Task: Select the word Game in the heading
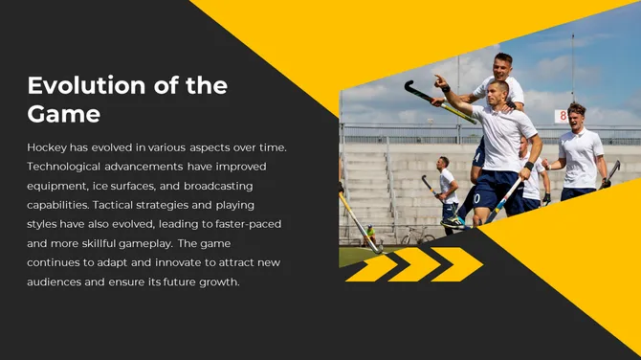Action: [63, 114]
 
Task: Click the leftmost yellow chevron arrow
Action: [373, 266]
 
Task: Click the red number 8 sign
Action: [562, 116]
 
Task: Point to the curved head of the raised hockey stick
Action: [412, 89]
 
